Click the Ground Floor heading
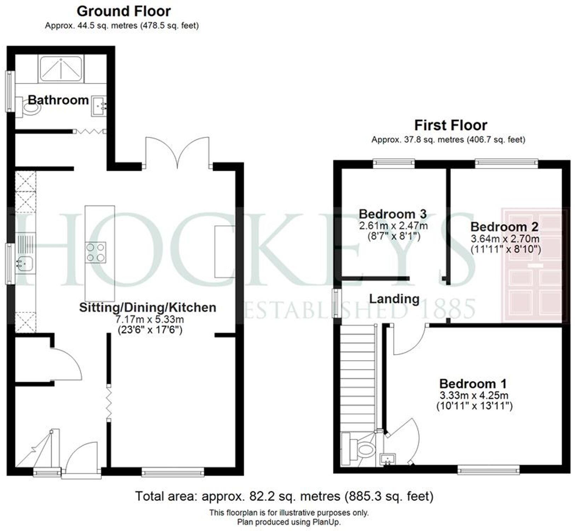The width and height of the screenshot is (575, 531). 123,11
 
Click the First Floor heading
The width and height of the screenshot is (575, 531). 450,125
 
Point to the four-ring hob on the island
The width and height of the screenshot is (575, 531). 96,252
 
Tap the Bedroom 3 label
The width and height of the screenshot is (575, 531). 392,214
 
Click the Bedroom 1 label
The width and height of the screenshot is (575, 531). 473,384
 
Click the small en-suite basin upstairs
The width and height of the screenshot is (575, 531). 388,459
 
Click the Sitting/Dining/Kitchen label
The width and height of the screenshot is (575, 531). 148,307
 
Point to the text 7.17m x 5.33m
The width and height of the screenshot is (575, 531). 150,319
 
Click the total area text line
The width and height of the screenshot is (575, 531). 284,496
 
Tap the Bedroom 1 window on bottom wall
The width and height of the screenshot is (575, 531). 488,470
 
